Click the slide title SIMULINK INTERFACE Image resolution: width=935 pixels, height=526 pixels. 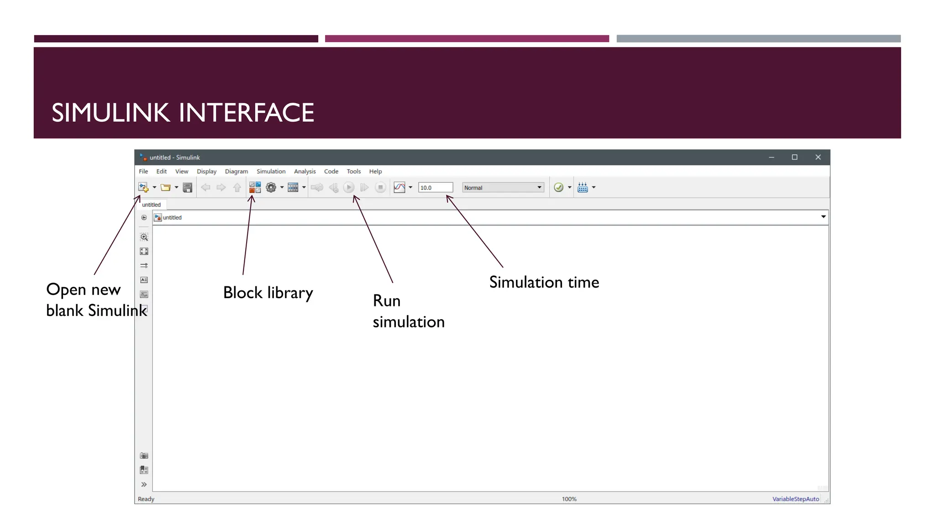(183, 113)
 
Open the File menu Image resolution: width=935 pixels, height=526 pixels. (143, 171)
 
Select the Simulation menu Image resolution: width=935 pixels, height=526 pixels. (271, 171)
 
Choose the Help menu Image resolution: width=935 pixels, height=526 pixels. (375, 171)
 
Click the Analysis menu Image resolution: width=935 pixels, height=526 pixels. (305, 171)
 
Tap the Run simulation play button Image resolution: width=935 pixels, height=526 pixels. (349, 187)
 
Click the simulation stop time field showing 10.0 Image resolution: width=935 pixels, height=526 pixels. (435, 188)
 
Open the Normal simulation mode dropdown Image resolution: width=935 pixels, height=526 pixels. (503, 188)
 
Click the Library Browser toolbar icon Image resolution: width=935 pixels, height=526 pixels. (255, 187)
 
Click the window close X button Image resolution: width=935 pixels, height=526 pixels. (818, 157)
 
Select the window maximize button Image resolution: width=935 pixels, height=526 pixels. (794, 157)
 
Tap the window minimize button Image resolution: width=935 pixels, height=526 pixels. (772, 157)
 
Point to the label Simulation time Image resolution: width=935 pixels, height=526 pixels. (544, 282)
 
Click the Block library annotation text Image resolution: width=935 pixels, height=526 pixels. (268, 293)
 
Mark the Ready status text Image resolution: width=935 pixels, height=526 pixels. (146, 499)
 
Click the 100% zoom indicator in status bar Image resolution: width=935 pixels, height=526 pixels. (569, 499)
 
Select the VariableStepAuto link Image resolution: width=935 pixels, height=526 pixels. (795, 499)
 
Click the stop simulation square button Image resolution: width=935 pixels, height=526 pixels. (380, 187)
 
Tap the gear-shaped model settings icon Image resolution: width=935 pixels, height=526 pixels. (271, 187)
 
